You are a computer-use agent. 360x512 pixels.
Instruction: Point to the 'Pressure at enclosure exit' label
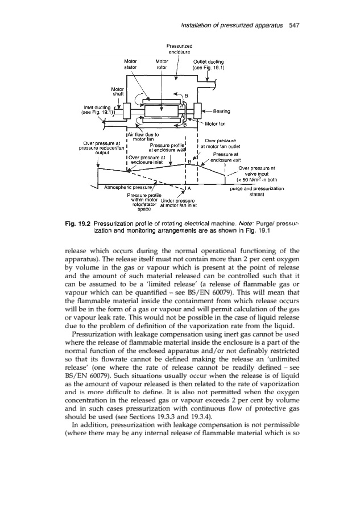point(226,156)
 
